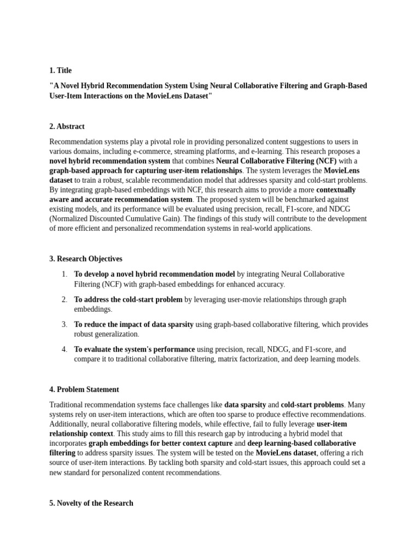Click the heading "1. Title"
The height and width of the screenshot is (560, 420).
[x=60, y=71]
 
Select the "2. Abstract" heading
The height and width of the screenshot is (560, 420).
[x=67, y=126]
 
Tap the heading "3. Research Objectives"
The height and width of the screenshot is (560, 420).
[x=85, y=259]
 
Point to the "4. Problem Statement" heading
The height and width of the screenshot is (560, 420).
[x=84, y=389]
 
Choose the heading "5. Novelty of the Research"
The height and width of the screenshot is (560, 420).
[x=91, y=503]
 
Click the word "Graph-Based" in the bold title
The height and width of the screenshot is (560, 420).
[x=346, y=86]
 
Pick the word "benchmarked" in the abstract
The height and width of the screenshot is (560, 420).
[x=322, y=199]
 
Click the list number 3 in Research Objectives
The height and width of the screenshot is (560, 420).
[x=64, y=324]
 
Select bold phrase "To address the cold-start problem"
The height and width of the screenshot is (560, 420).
[x=128, y=300]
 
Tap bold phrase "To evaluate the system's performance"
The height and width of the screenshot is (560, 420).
[x=135, y=349]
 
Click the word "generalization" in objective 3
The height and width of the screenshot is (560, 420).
[x=116, y=334]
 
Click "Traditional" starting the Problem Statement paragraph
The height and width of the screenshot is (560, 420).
[x=67, y=405]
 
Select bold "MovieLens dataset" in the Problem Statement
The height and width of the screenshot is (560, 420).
[x=285, y=453]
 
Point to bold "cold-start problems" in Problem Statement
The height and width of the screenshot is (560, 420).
[x=312, y=405]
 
